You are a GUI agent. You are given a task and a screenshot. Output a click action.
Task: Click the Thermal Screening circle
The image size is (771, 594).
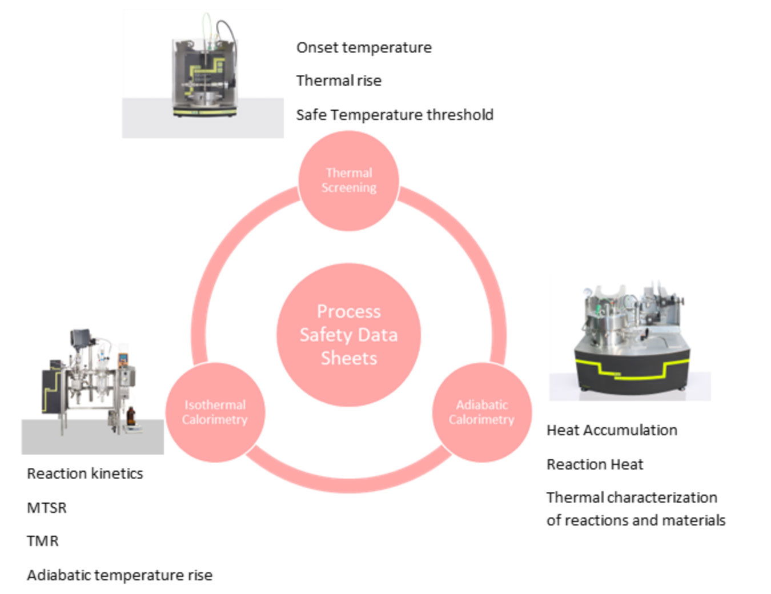348,180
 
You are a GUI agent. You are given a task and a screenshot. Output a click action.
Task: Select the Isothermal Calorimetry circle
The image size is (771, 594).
215,412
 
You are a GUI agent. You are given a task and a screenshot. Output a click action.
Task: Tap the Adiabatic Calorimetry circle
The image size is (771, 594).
481,412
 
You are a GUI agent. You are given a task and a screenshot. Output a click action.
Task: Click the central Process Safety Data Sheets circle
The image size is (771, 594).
348,335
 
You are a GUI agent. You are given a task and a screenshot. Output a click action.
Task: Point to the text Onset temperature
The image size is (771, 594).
364,47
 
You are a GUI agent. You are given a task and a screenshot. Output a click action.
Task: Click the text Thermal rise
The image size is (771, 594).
339,81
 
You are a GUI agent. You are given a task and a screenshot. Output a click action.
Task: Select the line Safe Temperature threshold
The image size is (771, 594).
394,115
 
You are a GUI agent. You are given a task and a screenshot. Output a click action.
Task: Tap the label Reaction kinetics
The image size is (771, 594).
85,473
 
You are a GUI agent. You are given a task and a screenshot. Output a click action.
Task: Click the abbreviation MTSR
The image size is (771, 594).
47,508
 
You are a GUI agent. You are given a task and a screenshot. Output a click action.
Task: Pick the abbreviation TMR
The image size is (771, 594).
43,541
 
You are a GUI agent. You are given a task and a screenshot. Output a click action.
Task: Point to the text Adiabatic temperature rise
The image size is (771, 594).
119,575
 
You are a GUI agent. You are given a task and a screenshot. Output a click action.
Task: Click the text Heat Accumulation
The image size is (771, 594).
612,430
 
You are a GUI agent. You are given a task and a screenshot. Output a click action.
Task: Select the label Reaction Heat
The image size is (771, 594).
595,464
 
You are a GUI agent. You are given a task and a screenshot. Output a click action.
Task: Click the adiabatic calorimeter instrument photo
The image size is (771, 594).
630,343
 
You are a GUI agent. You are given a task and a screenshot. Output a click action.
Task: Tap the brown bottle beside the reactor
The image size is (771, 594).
131,416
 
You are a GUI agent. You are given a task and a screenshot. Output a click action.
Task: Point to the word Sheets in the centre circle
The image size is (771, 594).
348,358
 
